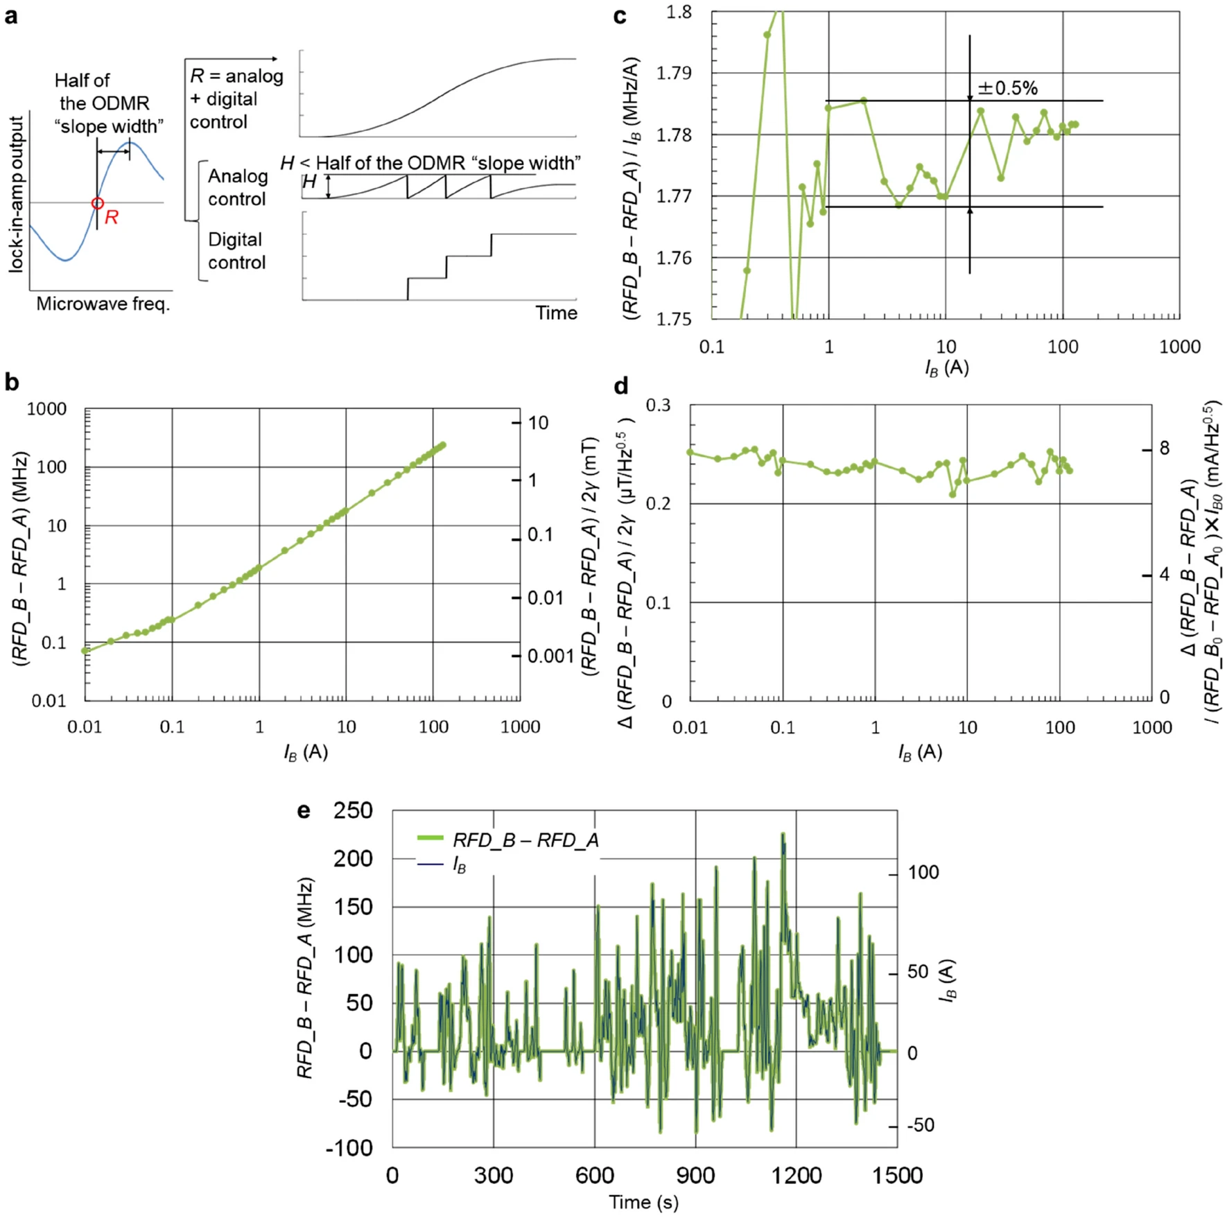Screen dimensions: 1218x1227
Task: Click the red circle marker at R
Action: pyautogui.click(x=97, y=203)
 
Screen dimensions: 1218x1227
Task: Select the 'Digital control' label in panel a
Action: pyautogui.click(x=236, y=251)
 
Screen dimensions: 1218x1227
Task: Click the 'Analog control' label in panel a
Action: pyautogui.click(x=237, y=187)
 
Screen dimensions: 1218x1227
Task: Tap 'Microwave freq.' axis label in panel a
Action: pyautogui.click(x=103, y=304)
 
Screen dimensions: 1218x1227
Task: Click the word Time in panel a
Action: pyautogui.click(x=556, y=313)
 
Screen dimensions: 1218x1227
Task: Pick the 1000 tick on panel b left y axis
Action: pyautogui.click(x=46, y=409)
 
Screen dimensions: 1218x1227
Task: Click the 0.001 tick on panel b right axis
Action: pyautogui.click(x=550, y=656)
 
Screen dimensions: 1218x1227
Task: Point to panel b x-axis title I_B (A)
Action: pyautogui.click(x=305, y=752)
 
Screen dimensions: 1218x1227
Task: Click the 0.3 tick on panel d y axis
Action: pyautogui.click(x=658, y=405)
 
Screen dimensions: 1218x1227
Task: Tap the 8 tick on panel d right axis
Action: pyautogui.click(x=1164, y=449)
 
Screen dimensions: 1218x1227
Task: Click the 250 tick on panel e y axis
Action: pyautogui.click(x=353, y=810)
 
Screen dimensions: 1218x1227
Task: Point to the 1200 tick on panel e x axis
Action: pyautogui.click(x=796, y=1176)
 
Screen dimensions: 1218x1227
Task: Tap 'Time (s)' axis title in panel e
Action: pyautogui.click(x=643, y=1202)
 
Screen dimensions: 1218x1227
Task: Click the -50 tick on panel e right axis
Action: pyautogui.click(x=920, y=1124)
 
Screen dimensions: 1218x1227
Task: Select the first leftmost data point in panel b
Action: pyautogui.click(x=85, y=650)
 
